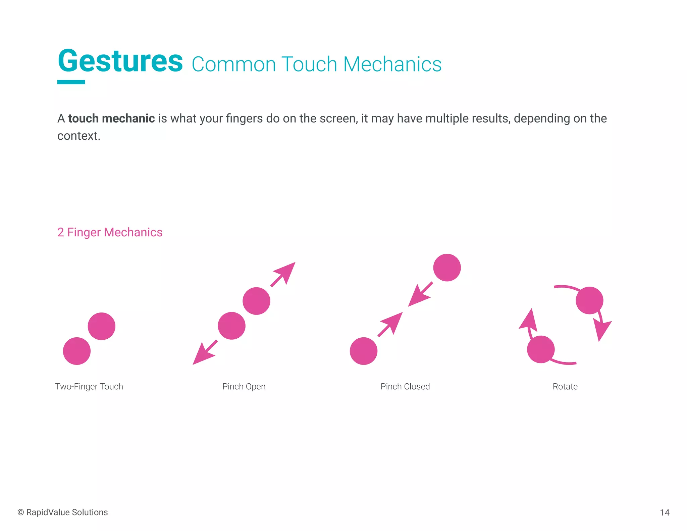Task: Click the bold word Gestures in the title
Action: [120, 61]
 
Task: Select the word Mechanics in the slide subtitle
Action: [392, 64]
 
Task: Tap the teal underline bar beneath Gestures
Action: [71, 82]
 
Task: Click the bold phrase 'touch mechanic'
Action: [111, 118]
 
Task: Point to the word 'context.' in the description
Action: [79, 136]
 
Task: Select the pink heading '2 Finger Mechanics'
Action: [110, 232]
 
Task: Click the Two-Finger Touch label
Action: [89, 386]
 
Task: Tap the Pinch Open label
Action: [244, 386]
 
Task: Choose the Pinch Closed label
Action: [405, 386]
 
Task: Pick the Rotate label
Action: [565, 386]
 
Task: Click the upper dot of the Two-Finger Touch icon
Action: [102, 326]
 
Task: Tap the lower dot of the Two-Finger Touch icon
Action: [77, 351]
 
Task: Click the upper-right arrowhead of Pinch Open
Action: [286, 271]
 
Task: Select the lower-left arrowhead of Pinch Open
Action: [202, 355]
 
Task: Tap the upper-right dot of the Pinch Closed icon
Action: [447, 268]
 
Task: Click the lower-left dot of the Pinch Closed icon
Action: [364, 351]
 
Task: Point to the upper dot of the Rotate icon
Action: [589, 300]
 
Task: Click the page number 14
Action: [665, 513]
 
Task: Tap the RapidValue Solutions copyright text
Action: [63, 512]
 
